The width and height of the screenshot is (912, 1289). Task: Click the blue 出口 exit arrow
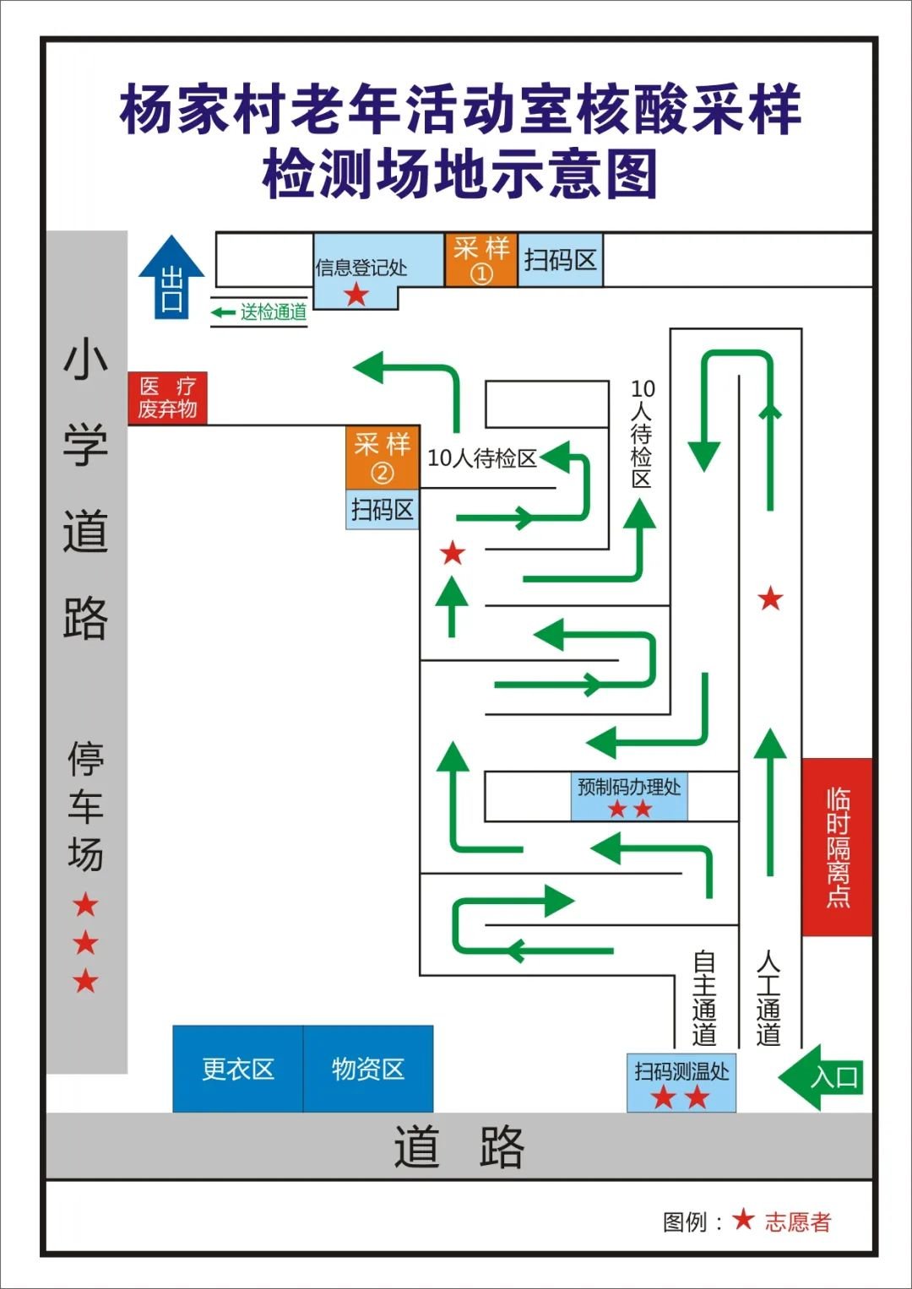coord(171,279)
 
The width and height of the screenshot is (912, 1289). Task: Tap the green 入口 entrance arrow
coord(822,1077)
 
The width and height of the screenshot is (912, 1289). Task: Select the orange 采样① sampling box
coord(481,260)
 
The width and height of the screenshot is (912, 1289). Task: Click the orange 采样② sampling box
coord(383,458)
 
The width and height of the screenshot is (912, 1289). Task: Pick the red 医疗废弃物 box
coord(167,398)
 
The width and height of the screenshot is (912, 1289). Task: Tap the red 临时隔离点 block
coord(837,847)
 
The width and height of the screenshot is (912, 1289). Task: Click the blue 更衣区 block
coord(238,1069)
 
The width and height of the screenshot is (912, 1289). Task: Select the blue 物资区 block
coord(368,1069)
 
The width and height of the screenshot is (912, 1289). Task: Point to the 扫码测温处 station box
coord(681,1081)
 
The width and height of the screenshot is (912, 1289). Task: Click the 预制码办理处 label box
coord(629,796)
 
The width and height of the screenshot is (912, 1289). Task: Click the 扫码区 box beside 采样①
coord(560,260)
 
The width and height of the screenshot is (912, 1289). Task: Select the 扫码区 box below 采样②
coord(383,510)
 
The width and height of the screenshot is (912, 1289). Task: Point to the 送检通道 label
coord(272,312)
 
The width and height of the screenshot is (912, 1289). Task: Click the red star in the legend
coord(743,1219)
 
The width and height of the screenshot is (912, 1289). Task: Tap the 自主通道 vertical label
coord(704,998)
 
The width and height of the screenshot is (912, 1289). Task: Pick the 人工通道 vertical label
coord(768,998)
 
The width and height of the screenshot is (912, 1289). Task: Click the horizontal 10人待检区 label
coord(482,458)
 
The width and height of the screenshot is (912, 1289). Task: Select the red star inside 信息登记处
coord(356,295)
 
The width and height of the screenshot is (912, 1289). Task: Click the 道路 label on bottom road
coord(459,1146)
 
